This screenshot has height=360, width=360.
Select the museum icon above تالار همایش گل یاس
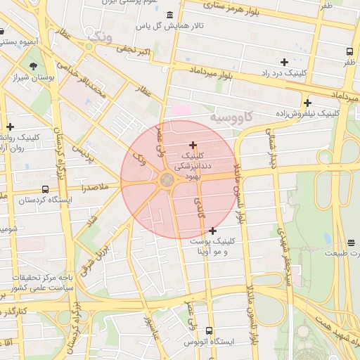click(168, 15)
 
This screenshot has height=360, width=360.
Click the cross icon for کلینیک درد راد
click(284, 63)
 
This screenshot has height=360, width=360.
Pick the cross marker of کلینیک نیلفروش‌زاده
click(308, 103)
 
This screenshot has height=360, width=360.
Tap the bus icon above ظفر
click(350, 51)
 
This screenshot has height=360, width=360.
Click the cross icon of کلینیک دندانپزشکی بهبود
click(193, 145)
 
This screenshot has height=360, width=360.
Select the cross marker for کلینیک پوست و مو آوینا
click(212, 231)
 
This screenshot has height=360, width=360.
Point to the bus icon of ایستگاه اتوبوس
click(209, 330)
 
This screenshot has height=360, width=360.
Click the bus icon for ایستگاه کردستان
click(46, 189)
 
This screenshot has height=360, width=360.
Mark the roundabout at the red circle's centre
click(167, 181)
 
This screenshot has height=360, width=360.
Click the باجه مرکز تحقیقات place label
click(35, 278)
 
